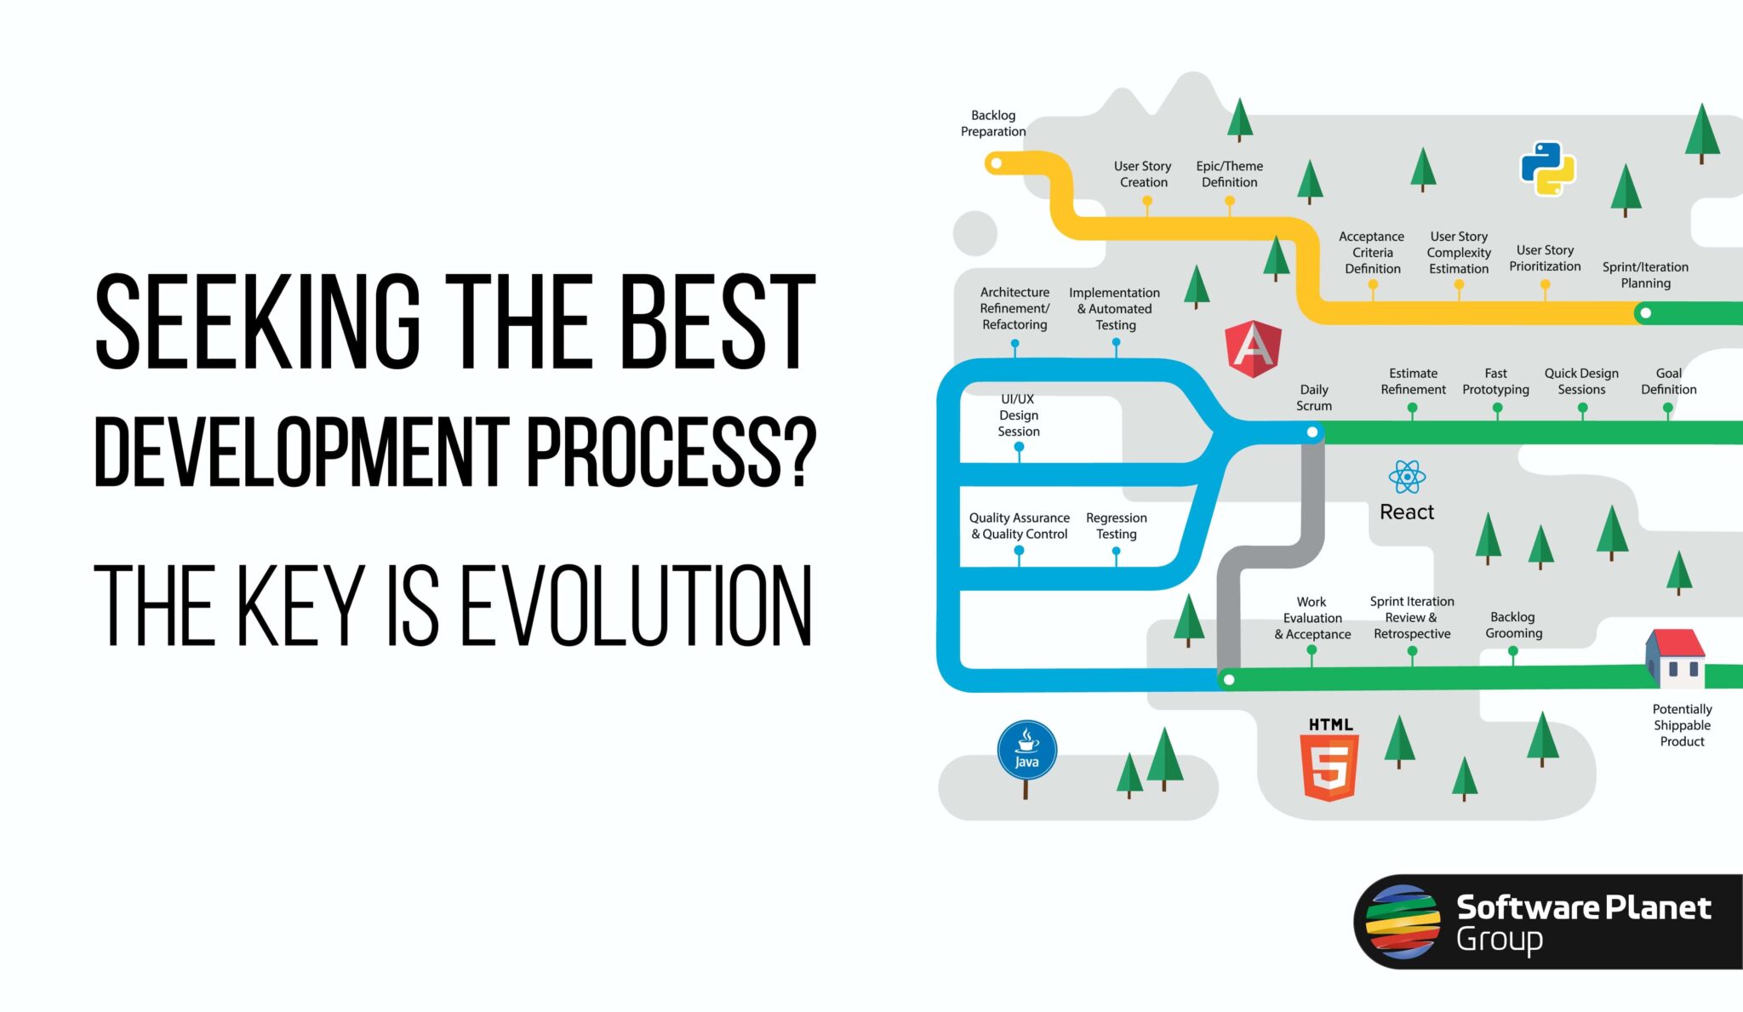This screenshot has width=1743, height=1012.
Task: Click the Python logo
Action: [x=1547, y=169]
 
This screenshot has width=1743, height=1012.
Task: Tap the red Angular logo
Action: [x=1253, y=349]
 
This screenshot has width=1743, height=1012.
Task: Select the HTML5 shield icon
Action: [x=1329, y=767]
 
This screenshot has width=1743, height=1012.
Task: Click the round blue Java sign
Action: [x=1026, y=751]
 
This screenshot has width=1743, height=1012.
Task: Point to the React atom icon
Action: [x=1407, y=477]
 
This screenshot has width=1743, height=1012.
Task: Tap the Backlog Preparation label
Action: [x=993, y=123]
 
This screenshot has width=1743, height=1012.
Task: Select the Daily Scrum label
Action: [x=1314, y=397]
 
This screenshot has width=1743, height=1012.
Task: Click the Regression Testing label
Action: [x=1116, y=526]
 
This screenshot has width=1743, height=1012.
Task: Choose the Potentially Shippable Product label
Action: [x=1682, y=725]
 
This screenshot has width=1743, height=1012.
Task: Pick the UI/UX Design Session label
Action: [x=1018, y=415]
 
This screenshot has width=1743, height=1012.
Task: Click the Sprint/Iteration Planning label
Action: [x=1645, y=275]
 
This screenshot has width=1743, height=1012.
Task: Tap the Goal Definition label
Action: [x=1668, y=381]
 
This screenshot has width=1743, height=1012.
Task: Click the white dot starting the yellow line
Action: [x=996, y=163]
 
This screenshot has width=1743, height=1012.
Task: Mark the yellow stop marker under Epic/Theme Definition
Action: [x=1229, y=202]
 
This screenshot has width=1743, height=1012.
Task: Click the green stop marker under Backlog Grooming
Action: [x=1512, y=651]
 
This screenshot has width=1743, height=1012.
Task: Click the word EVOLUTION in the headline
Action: [x=636, y=606]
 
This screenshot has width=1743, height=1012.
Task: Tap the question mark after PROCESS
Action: [x=798, y=452]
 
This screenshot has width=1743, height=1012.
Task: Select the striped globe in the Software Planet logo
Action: [x=1403, y=922]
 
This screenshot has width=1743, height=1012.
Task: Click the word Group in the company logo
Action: [x=1499, y=940]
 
